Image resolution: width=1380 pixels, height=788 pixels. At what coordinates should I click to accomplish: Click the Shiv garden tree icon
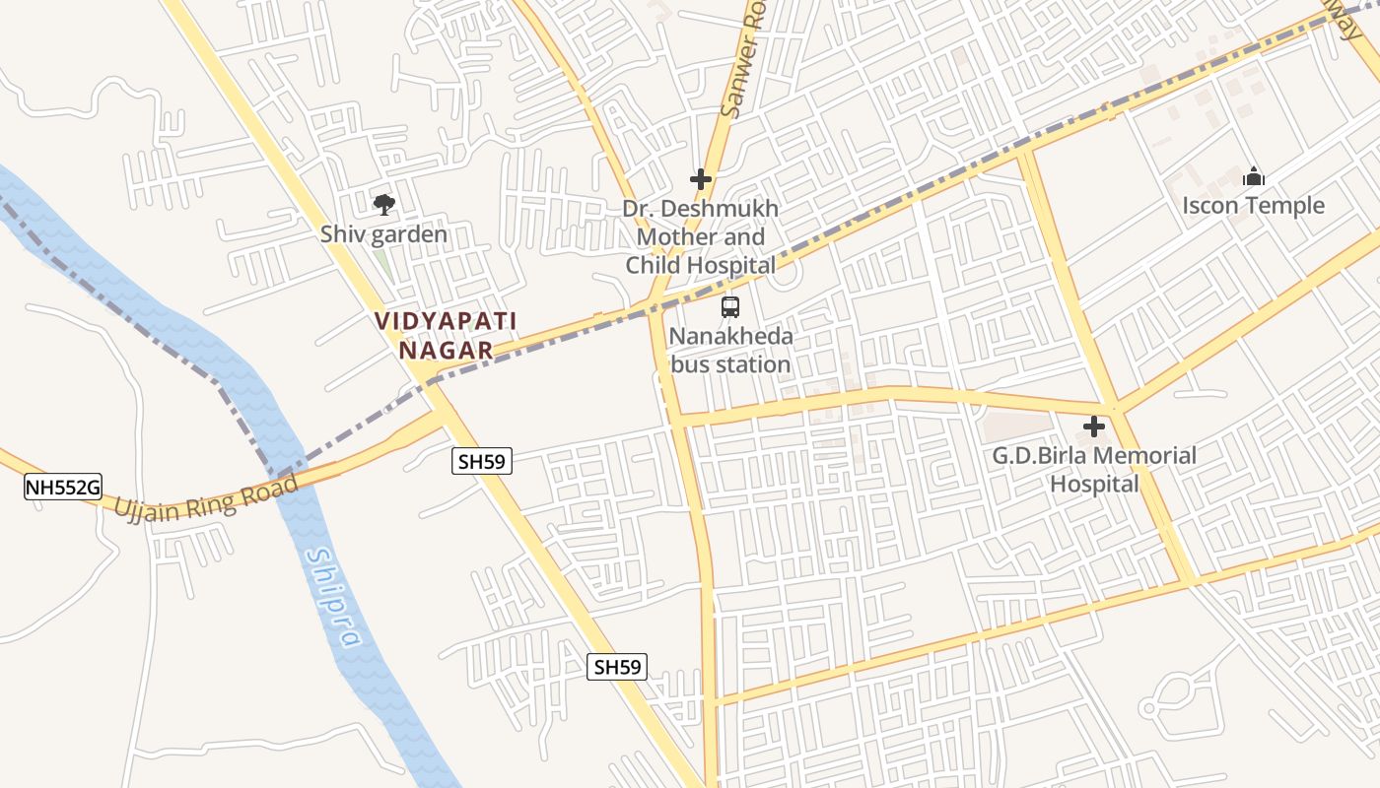[384, 205]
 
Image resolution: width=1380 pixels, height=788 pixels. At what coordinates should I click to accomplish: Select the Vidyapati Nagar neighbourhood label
[446, 335]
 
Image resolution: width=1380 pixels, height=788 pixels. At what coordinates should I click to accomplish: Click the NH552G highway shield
[63, 486]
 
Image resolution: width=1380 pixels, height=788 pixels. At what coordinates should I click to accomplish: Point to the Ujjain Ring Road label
[206, 497]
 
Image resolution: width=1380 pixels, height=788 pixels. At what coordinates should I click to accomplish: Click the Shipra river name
[332, 597]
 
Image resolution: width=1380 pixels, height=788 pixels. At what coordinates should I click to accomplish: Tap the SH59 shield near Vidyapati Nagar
[483, 460]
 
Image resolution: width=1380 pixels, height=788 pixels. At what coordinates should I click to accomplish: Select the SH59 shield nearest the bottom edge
[618, 667]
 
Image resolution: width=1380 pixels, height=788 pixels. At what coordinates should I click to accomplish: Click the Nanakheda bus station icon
[730, 307]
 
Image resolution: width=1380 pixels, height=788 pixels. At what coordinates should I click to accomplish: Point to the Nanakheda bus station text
[730, 351]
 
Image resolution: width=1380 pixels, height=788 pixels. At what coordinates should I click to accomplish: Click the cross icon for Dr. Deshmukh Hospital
[700, 179]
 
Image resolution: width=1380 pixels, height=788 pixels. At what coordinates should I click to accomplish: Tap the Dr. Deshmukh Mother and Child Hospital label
[700, 236]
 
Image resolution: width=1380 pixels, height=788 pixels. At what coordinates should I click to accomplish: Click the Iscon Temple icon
[1253, 177]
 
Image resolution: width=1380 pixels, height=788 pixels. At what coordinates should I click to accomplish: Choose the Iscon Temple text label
[1253, 206]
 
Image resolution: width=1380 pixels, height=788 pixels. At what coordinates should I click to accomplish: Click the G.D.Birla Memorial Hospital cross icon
[1093, 427]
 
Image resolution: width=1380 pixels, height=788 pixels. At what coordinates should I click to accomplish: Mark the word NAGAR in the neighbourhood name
[446, 350]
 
